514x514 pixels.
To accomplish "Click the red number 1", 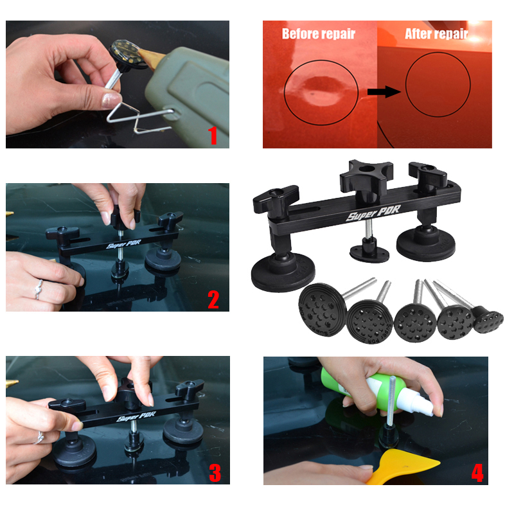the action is point(213,136).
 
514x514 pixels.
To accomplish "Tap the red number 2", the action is point(213,299).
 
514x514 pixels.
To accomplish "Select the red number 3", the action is point(215,473).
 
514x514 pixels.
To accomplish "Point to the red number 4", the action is point(477,474).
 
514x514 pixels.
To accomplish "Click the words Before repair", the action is point(318,34).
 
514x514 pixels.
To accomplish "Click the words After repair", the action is point(436,34).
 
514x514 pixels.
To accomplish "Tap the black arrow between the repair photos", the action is point(384,92).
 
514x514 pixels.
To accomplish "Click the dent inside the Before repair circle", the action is point(319,90).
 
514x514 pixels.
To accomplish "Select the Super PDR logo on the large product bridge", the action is point(373,213).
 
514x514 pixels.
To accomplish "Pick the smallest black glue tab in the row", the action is point(488,319).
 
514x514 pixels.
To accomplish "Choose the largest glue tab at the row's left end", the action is point(323,310).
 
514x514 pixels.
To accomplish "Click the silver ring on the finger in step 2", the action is point(39,290).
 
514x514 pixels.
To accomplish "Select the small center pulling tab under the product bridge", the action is point(369,251).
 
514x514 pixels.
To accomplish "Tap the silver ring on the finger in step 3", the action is point(39,438).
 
